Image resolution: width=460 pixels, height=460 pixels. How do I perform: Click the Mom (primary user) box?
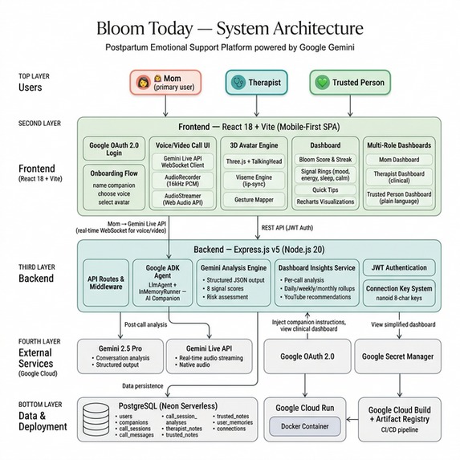[163, 83]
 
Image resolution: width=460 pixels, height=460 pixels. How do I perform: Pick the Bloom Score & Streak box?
[321, 160]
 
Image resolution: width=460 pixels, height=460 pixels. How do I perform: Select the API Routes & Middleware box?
[105, 284]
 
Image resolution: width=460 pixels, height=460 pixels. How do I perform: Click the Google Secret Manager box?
[397, 356]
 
